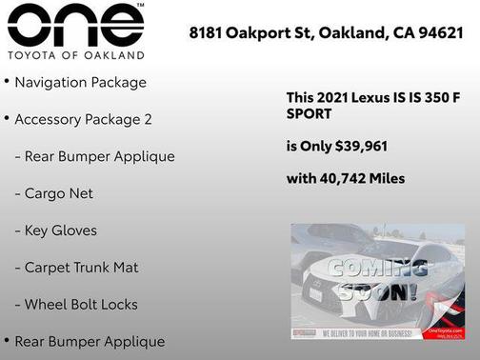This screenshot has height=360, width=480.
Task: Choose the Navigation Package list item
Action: pos(80,83)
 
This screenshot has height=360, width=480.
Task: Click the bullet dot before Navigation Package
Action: pos(7,81)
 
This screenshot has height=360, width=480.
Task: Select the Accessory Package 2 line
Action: pos(83,120)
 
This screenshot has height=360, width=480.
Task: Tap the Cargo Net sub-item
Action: pos(59,193)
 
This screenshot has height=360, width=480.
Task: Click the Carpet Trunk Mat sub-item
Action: pos(82,268)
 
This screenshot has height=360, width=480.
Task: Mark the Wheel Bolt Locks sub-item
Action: pos(81,305)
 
